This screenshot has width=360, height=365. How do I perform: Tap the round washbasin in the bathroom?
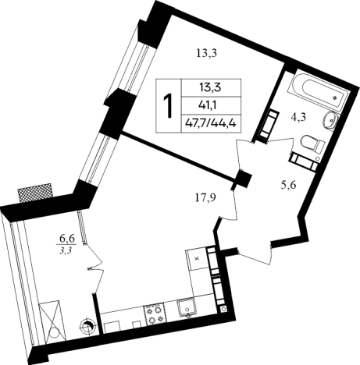pyautogui.click(x=330, y=120)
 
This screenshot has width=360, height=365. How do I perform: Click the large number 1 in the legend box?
pyautogui.click(x=168, y=105)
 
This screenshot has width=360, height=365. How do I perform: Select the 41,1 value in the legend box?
pyautogui.click(x=211, y=105)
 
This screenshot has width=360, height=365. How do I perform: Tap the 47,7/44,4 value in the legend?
pyautogui.click(x=211, y=123)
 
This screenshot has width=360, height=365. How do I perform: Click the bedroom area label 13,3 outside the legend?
pyautogui.click(x=207, y=54)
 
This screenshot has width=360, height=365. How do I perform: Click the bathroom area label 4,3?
pyautogui.click(x=298, y=117)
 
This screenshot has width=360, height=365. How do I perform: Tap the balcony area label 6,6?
pyautogui.click(x=67, y=238)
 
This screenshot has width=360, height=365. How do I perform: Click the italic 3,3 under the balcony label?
pyautogui.click(x=66, y=250)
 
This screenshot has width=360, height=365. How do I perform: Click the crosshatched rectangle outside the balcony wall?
pyautogui.click(x=34, y=193)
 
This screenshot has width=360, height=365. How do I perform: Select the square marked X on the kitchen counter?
pyautogui.click(x=197, y=259)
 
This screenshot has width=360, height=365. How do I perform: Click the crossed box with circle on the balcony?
pyautogui.click(x=53, y=322)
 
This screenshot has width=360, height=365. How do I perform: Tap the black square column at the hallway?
pyautogui.click(x=244, y=179)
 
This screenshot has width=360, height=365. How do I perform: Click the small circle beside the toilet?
pyautogui.click(x=318, y=158)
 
